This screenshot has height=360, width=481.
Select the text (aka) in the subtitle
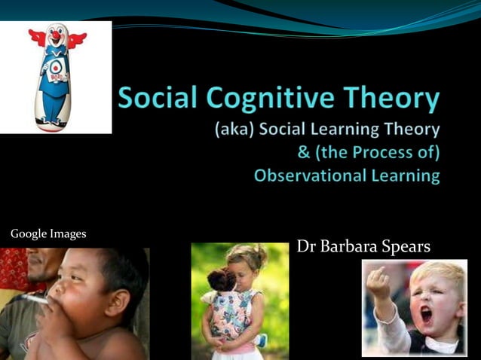click(x=234, y=130)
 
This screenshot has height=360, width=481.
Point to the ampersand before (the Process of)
click(x=305, y=153)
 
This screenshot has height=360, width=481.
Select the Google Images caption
click(x=48, y=234)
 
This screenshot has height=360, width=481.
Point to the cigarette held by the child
click(x=34, y=297)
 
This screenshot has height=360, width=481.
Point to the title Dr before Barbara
click(x=305, y=246)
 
